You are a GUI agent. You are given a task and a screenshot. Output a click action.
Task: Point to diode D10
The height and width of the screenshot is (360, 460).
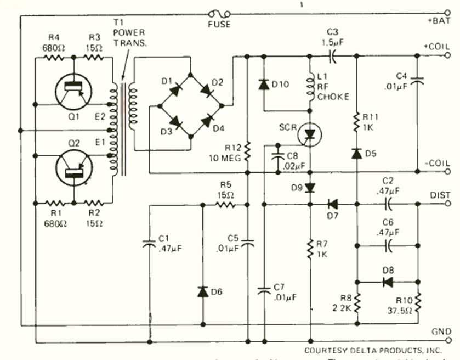264,84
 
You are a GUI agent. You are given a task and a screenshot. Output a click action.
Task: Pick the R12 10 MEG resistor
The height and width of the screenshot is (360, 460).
247,151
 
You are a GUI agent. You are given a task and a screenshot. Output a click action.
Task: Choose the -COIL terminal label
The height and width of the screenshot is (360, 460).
438,162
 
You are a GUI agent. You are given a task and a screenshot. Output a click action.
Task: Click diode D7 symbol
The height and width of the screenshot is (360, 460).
331,204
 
